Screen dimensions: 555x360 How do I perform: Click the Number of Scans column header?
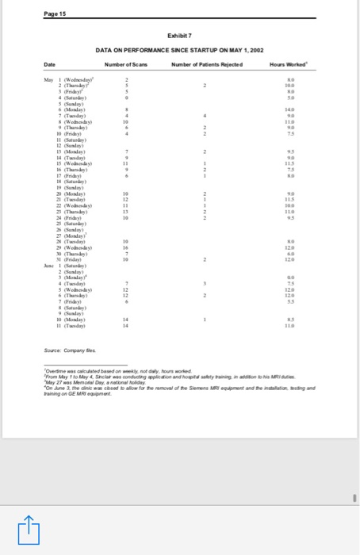tap(125, 63)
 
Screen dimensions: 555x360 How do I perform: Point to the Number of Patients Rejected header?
tap(205, 63)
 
